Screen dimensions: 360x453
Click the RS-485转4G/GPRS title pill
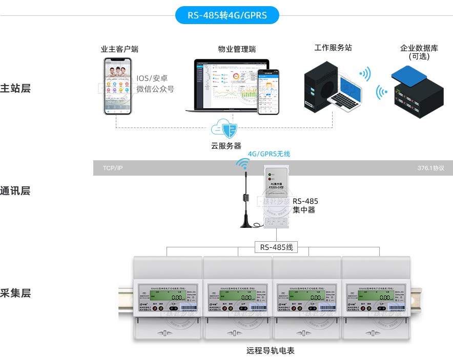pos(227,15)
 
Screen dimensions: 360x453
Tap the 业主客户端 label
pos(119,49)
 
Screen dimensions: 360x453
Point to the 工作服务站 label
pos(333,48)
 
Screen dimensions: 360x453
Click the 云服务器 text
pos(226,145)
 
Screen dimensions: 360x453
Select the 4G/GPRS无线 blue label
pos(269,154)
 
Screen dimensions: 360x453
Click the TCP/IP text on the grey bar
pos(113,168)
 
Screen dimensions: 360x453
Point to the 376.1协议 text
pos(430,168)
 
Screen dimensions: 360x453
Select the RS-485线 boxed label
pos(276,247)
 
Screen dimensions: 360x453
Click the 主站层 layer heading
pos(15,88)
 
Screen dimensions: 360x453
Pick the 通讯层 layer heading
pos(15,190)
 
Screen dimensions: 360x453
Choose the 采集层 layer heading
pos(15,293)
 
